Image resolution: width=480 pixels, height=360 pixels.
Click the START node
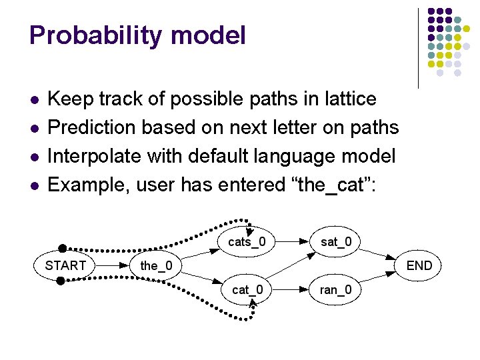click(x=65, y=265)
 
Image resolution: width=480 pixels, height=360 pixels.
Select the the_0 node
click(x=156, y=266)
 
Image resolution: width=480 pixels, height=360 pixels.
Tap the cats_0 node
click(x=247, y=241)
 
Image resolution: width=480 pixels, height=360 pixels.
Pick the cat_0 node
click(x=247, y=290)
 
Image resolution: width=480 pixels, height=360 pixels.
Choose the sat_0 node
click(x=336, y=241)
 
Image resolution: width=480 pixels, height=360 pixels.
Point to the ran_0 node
click(x=336, y=290)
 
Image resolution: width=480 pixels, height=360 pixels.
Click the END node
click(x=419, y=266)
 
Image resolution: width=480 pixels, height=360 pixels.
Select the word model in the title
click(x=212, y=35)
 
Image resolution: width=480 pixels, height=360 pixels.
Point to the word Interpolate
click(x=94, y=156)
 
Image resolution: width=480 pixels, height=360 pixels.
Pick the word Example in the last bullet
click(x=87, y=185)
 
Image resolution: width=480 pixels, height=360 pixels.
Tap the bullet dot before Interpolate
click(x=34, y=157)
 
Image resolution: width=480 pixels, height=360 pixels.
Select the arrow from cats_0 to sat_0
click(x=293, y=241)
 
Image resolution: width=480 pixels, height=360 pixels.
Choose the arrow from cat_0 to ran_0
click(x=293, y=290)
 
